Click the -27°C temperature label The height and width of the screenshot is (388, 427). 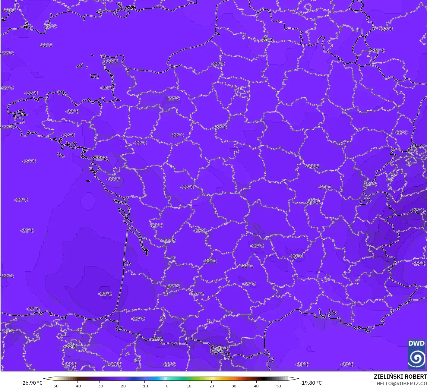click(417, 210)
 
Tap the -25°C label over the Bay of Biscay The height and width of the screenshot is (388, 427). click(105, 294)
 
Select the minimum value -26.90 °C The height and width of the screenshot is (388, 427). click(31, 383)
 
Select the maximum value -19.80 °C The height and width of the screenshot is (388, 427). click(311, 383)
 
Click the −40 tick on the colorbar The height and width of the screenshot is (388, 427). click(77, 386)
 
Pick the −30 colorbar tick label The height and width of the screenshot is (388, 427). click(100, 386)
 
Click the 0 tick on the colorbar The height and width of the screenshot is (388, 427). click(167, 386)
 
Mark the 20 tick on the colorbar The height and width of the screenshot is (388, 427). click(211, 386)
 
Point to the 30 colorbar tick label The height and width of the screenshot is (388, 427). click(234, 386)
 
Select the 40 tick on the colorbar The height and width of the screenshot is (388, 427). click(256, 386)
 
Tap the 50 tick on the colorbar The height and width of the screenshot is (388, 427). click(278, 386)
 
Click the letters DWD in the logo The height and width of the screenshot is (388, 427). click(416, 343)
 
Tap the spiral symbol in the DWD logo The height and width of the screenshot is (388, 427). click(416, 358)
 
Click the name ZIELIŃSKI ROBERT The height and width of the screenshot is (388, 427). click(400, 377)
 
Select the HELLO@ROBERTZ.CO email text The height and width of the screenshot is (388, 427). click(401, 383)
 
